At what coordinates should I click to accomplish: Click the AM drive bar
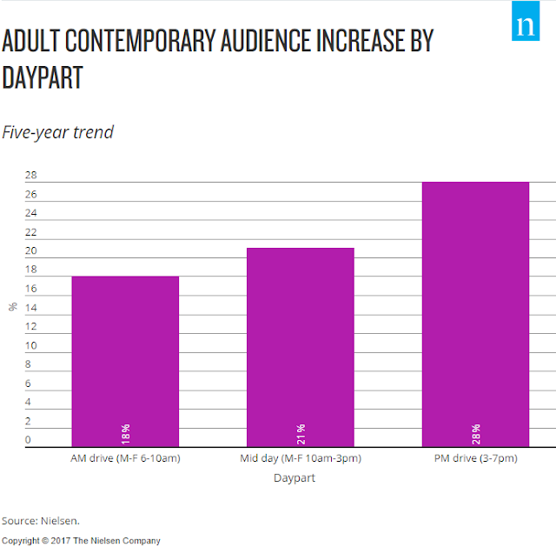pyautogui.click(x=125, y=362)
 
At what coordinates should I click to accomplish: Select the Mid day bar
pyautogui.click(x=301, y=347)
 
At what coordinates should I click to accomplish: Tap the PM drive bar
pyautogui.click(x=475, y=314)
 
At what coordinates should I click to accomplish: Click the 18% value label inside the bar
pyautogui.click(x=125, y=434)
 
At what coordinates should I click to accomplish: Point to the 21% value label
pyautogui.click(x=301, y=434)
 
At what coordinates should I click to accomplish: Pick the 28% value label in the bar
pyautogui.click(x=476, y=434)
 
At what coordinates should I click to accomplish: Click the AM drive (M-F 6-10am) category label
pyautogui.click(x=125, y=458)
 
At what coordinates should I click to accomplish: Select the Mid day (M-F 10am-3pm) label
pyautogui.click(x=301, y=458)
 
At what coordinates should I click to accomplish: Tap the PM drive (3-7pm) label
pyautogui.click(x=475, y=458)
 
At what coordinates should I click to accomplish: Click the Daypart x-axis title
pyautogui.click(x=295, y=478)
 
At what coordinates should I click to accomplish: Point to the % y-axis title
pyautogui.click(x=13, y=307)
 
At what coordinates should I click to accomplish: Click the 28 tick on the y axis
pyautogui.click(x=31, y=175)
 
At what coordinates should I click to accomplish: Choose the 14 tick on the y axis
pyautogui.click(x=31, y=308)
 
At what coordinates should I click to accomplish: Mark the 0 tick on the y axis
pyautogui.click(x=28, y=440)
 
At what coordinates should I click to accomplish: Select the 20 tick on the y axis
pyautogui.click(x=31, y=250)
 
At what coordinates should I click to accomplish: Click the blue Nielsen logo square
pyautogui.click(x=526, y=21)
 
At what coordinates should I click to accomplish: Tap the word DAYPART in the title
pyautogui.click(x=43, y=77)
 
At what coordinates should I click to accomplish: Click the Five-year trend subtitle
pyautogui.click(x=57, y=132)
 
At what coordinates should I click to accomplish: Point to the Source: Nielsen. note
pyautogui.click(x=41, y=521)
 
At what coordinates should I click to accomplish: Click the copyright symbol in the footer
pyautogui.click(x=45, y=541)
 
